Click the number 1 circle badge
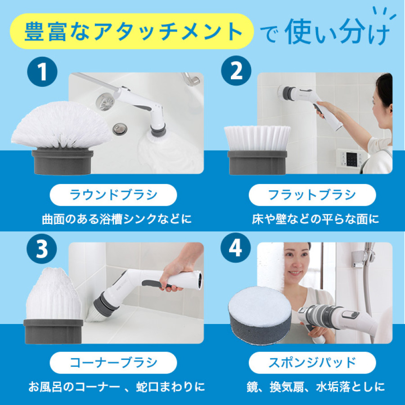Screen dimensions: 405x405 point(42,72)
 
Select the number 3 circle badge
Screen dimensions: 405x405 point(42,250)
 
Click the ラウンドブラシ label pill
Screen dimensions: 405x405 point(113,195)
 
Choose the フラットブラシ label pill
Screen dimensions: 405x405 point(312,195)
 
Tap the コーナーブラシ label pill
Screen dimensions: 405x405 point(113,362)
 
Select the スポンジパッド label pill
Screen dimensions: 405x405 point(312,362)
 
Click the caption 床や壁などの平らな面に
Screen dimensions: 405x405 point(315,220)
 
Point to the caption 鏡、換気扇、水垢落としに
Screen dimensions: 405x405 point(315,387)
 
